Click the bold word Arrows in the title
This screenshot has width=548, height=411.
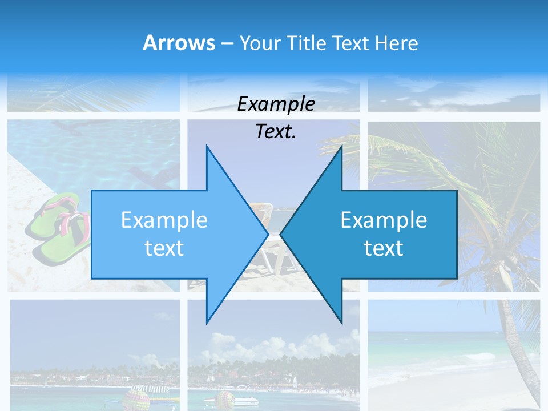(x=179, y=43)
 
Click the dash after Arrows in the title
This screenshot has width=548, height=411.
(x=227, y=43)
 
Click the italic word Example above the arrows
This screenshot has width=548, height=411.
(x=276, y=104)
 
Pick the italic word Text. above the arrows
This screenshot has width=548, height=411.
(x=276, y=131)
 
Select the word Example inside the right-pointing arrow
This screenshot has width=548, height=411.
(x=164, y=220)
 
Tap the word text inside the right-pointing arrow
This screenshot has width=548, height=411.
(x=164, y=248)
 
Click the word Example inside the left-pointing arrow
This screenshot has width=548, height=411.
(x=384, y=220)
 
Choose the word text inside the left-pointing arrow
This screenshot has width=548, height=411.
(x=384, y=248)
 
